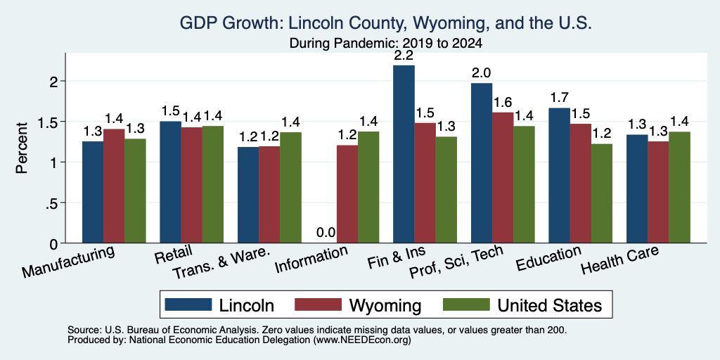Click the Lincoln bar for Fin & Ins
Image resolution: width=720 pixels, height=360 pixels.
click(x=404, y=154)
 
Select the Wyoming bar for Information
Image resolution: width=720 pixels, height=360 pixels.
click(x=347, y=194)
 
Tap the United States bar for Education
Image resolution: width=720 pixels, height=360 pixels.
click(x=602, y=193)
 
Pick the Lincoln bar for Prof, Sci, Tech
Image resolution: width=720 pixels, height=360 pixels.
click(x=482, y=163)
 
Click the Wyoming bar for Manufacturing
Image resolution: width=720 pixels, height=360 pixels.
click(x=114, y=186)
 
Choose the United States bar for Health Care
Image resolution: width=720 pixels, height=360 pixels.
click(x=680, y=187)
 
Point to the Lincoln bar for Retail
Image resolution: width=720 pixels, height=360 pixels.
click(x=170, y=182)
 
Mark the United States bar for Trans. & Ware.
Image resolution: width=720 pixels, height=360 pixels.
click(x=290, y=187)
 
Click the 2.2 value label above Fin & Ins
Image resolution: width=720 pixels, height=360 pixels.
click(x=404, y=56)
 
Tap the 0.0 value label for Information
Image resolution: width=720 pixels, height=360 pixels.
click(x=326, y=233)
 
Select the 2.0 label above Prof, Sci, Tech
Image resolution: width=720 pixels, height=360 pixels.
click(x=482, y=73)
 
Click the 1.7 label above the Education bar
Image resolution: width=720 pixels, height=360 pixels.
click(x=559, y=97)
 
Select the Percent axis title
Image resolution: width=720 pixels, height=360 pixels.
click(x=22, y=148)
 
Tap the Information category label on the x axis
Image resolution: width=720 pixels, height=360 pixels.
click(x=311, y=259)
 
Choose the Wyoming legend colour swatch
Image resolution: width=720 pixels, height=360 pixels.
click(x=319, y=304)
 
